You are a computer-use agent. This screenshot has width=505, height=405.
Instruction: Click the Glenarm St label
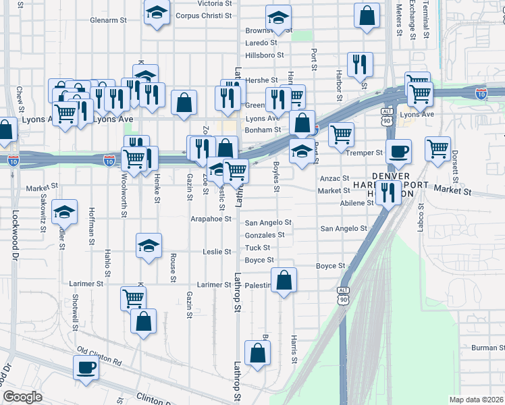pyautogui.click(x=108, y=20)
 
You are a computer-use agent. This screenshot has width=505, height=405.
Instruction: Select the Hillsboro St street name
pyautogui.click(x=265, y=55)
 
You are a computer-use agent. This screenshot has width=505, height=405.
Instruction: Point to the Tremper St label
pyautogui.click(x=364, y=153)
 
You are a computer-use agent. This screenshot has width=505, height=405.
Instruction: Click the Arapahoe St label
pyautogui.click(x=211, y=219)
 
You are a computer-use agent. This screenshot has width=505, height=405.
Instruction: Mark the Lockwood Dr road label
pyautogui.click(x=13, y=236)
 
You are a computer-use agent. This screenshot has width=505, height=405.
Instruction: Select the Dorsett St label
pyautogui.click(x=455, y=169)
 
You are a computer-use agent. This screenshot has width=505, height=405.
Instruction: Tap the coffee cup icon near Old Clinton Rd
pyautogui.click(x=86, y=367)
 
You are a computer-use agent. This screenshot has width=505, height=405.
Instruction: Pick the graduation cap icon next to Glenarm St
pyautogui.click(x=157, y=13)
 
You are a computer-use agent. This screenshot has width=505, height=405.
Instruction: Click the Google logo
pyautogui.click(x=22, y=397)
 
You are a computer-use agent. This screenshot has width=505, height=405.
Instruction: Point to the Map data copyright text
pyautogui.click(x=475, y=400)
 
